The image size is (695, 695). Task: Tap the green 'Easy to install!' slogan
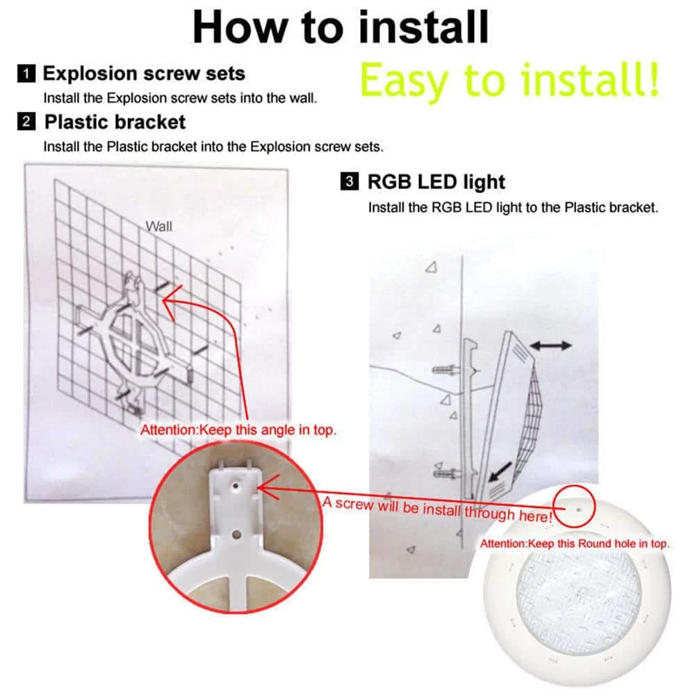[x=509, y=80]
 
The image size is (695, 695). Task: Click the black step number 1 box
[x=26, y=73]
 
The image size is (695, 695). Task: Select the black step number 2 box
[x=26, y=121]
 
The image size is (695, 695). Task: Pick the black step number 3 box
[x=350, y=181]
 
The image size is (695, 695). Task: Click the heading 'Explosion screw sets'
[x=144, y=73]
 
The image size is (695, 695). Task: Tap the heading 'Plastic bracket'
[x=115, y=122]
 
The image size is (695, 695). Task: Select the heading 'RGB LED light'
[x=436, y=181]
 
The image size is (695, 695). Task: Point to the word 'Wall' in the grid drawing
[x=158, y=227]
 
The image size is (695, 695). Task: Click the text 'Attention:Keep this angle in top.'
[x=238, y=430]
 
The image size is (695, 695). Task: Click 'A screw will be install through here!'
[x=437, y=509]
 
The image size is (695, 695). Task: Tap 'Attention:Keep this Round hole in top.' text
[x=575, y=544]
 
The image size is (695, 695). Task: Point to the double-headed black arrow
[x=551, y=345]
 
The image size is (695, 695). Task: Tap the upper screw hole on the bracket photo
[x=236, y=486]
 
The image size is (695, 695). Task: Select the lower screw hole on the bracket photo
[x=237, y=534]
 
